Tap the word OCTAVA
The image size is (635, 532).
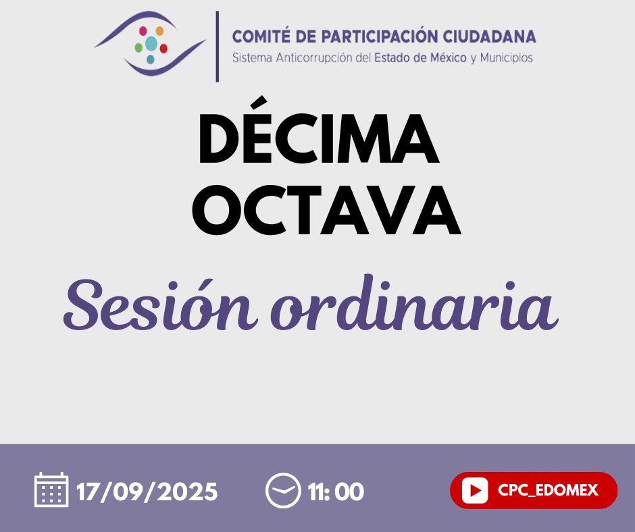[x=326, y=211]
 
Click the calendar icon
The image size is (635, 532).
[x=51, y=489]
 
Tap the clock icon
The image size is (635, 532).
[x=283, y=490]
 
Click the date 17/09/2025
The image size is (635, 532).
[x=147, y=491]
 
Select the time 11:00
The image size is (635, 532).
[x=336, y=491]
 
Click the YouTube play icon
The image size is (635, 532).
[x=474, y=490]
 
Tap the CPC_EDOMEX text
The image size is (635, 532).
[x=548, y=490]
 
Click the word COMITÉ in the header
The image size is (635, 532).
[x=261, y=36]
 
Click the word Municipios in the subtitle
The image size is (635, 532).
[x=506, y=58]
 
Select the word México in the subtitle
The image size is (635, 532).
[x=448, y=58]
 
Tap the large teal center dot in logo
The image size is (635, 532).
[x=151, y=43]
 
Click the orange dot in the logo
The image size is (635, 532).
[x=159, y=31]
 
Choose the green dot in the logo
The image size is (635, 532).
[x=138, y=48]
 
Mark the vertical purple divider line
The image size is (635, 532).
[x=218, y=46]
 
